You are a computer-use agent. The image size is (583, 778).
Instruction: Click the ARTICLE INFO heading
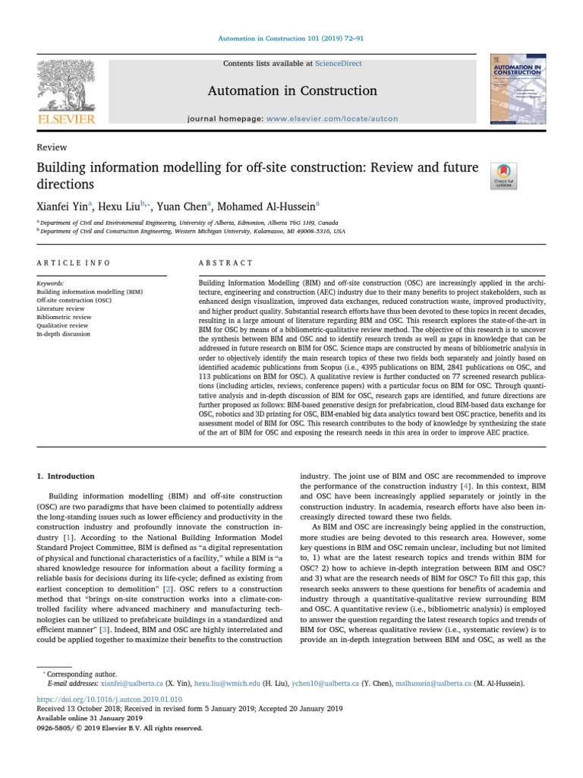click(x=74, y=263)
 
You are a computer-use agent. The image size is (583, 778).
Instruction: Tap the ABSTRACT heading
click(x=225, y=263)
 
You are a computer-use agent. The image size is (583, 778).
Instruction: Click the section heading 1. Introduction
click(x=66, y=476)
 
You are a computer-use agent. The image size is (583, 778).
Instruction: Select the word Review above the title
click(x=52, y=147)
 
